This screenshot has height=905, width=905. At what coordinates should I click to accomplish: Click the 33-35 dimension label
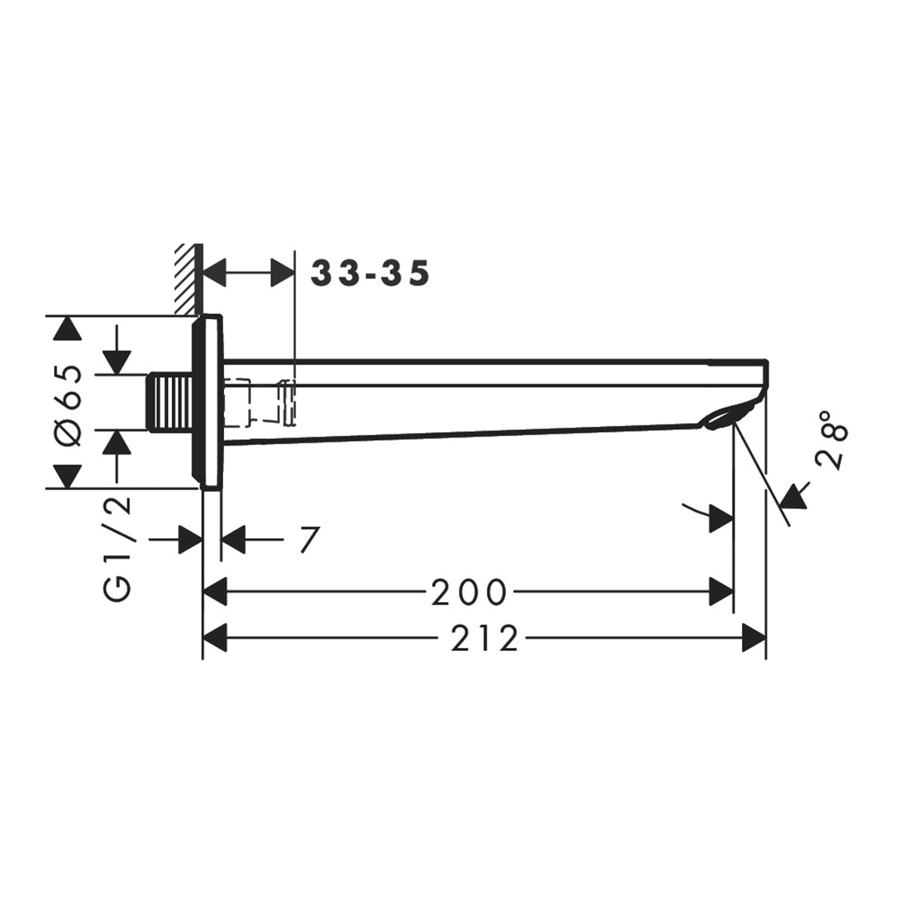pyautogui.click(x=370, y=273)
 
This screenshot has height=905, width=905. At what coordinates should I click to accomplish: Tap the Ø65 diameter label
pyautogui.click(x=68, y=404)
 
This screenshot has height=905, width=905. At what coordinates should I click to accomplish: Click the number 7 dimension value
pyautogui.click(x=309, y=540)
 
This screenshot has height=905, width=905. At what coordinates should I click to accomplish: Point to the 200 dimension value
pyautogui.click(x=468, y=592)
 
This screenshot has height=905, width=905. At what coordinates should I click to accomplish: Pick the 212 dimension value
pyautogui.click(x=484, y=639)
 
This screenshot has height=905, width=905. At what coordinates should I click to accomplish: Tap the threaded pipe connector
pyautogui.click(x=170, y=402)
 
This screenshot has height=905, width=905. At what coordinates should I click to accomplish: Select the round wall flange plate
pyautogui.click(x=207, y=402)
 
